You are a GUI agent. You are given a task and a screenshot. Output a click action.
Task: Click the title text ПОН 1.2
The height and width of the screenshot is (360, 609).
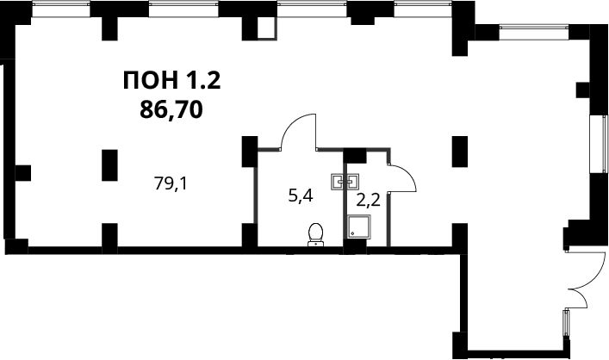tap(171, 81)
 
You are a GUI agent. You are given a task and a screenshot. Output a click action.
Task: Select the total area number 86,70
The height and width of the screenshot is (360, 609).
tap(171, 109)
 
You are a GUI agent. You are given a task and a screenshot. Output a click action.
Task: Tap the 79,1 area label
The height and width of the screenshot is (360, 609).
tap(171, 183)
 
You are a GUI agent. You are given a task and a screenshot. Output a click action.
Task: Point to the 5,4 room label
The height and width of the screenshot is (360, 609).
tap(301, 196)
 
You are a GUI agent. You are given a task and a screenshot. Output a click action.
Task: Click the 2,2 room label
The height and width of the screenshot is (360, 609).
tap(368, 201)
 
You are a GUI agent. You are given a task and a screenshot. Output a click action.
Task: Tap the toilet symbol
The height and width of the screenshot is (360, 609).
tap(315, 234)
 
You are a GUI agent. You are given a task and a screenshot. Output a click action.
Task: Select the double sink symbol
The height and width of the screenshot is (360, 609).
tap(345, 182)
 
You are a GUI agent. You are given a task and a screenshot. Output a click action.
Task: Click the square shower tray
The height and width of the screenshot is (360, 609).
tap(359, 227)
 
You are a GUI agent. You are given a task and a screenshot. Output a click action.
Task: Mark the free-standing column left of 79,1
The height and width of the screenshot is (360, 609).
tap(109, 165)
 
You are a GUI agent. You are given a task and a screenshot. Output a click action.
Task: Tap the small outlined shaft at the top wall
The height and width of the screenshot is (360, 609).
tap(267, 28)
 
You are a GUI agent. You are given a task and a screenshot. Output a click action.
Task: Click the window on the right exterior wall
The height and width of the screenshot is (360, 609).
tap(599, 144)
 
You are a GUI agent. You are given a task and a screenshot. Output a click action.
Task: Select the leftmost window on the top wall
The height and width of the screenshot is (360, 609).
tap(61, 9)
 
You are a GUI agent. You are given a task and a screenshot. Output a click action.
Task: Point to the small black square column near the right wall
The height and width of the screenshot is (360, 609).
tap(582, 90)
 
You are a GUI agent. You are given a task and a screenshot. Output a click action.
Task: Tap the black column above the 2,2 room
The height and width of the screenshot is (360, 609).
tap(356, 156)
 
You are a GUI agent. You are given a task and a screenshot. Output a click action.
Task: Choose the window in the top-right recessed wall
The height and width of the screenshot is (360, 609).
tap(534, 32)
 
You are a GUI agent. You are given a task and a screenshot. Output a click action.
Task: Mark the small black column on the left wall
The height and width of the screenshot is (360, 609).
tap(22, 173)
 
